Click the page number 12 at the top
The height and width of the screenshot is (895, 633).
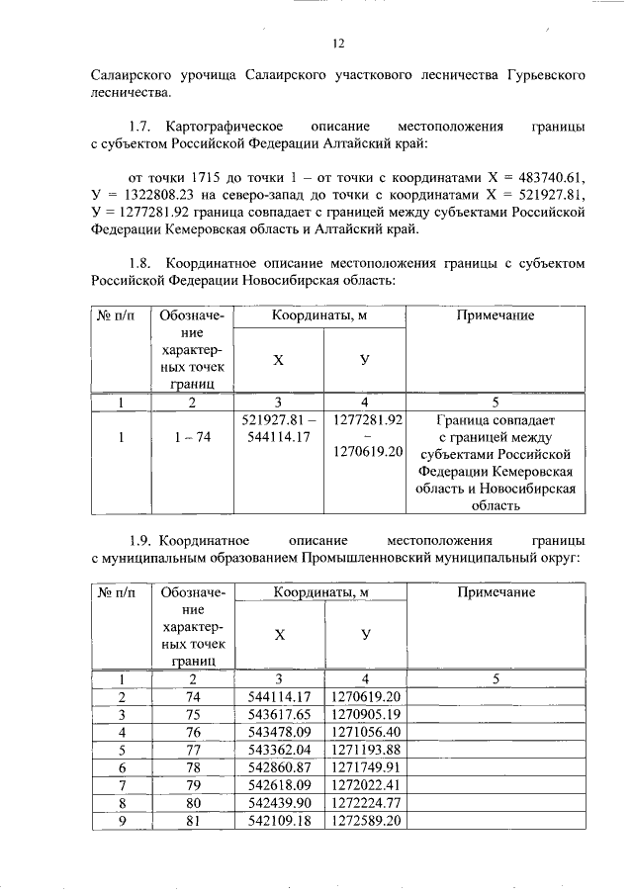click(x=337, y=44)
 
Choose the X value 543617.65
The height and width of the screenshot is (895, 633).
click(x=279, y=714)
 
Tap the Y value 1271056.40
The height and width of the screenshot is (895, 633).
click(x=365, y=731)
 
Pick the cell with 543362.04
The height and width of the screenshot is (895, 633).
click(x=279, y=749)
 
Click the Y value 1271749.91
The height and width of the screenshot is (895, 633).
click(x=365, y=766)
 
